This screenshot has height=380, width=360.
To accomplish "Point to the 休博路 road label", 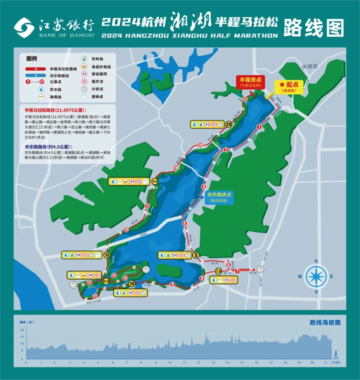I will click(x=324, y=66).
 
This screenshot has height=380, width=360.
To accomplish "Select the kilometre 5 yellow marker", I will click(x=195, y=254).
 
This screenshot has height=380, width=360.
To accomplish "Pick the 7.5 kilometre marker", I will click(x=218, y=271).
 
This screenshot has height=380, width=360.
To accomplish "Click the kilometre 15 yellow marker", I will click(x=107, y=254).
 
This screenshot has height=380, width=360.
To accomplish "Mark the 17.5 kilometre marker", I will click(x=155, y=181).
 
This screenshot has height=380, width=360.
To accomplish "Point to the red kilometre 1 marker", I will click(x=259, y=127).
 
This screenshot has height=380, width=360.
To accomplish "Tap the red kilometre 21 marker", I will click(x=244, y=100).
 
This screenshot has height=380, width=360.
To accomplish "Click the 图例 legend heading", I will click(x=32, y=59).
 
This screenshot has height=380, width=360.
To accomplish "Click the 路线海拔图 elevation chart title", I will click(x=325, y=323).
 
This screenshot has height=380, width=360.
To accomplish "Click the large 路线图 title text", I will click(x=313, y=27).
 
